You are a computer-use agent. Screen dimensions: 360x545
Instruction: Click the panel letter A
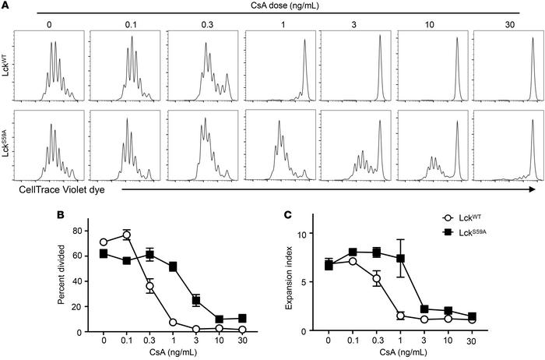[x=5, y=5]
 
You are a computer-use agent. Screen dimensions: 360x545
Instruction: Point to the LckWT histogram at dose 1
[x=280, y=69]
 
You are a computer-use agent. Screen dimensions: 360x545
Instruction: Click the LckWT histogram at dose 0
[x=51, y=69]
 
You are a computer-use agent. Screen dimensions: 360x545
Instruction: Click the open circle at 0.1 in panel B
[x=127, y=235]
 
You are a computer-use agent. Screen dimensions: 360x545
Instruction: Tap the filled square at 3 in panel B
[x=197, y=300]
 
